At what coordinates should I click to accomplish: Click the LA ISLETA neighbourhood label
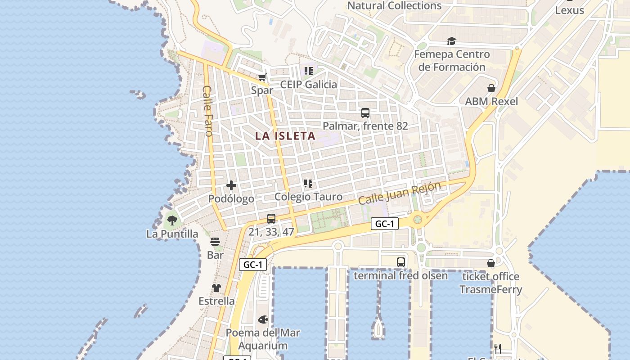[x=285, y=135]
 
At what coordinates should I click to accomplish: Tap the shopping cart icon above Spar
[x=262, y=77]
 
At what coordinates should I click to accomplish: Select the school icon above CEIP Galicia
[x=308, y=71]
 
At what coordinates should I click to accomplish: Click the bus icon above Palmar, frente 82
[x=365, y=112]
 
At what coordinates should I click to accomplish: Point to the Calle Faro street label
[x=207, y=111]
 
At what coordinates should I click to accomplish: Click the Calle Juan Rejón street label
[x=400, y=193]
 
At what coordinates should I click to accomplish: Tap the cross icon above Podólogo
[x=231, y=185]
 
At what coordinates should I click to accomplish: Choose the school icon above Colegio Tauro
[x=308, y=183]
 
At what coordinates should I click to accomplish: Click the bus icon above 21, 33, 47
[x=271, y=219]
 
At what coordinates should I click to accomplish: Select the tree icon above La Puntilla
[x=172, y=220]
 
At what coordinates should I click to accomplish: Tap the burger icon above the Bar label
[x=215, y=242]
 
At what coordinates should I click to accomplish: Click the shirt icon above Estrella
[x=216, y=288]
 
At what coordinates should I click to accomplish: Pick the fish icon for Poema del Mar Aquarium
[x=263, y=319]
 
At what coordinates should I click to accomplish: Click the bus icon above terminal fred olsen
[x=400, y=262]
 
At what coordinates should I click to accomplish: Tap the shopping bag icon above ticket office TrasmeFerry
[x=491, y=263]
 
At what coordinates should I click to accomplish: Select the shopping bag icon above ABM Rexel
[x=491, y=88]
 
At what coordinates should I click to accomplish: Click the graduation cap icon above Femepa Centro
[x=451, y=41]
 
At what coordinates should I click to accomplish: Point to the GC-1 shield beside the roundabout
[x=385, y=224]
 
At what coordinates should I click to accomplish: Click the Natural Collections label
[x=395, y=6]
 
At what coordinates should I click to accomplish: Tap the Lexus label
[x=569, y=10]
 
